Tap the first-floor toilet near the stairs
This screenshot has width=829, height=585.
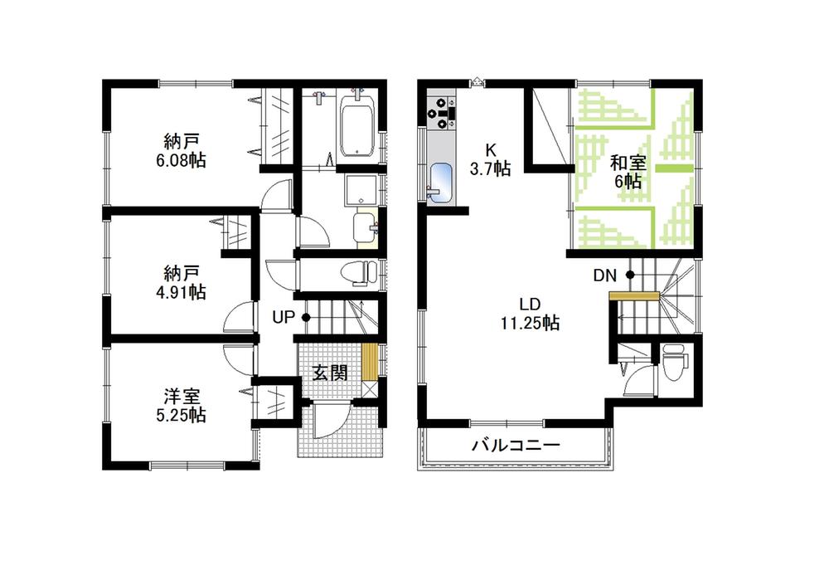pyautogui.click(x=355, y=272)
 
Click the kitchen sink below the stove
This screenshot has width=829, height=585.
pyautogui.click(x=440, y=182)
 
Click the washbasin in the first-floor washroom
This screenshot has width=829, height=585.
pyautogui.click(x=363, y=227)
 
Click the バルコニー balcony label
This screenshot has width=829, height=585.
pyautogui.click(x=516, y=446)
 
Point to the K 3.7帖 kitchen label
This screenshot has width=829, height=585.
pyautogui.click(x=491, y=158)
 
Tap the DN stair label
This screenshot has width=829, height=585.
pyautogui.click(x=604, y=275)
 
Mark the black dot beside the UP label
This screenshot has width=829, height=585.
pyautogui.click(x=306, y=317)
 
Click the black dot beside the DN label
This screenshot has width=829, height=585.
pyautogui.click(x=629, y=275)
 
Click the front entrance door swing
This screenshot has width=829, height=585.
pyautogui.click(x=327, y=419)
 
